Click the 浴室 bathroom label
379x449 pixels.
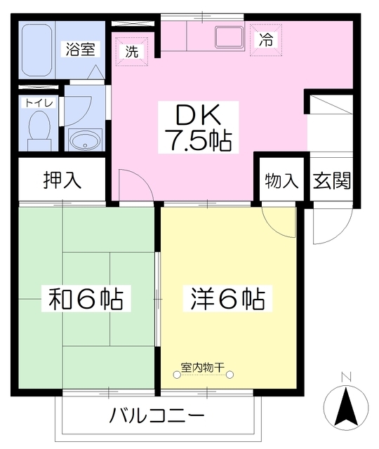pyautogui.click(x=83, y=49)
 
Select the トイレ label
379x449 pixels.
pyautogui.click(x=34, y=102)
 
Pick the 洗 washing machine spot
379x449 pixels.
pyautogui.click(x=132, y=51)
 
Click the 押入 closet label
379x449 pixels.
pyautogui.click(x=62, y=180)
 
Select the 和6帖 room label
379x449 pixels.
pyautogui.click(x=86, y=300)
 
